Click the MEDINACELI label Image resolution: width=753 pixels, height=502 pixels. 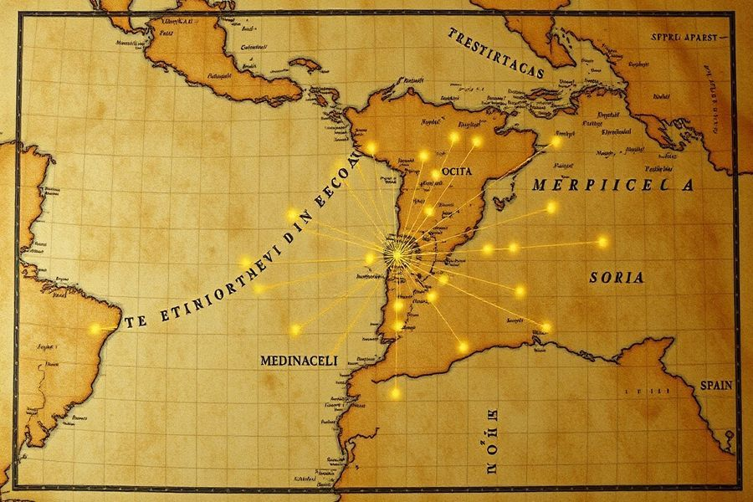[x=299, y=360]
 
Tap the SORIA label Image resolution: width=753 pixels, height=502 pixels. [x=617, y=278]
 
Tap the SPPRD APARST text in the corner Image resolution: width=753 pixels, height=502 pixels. [x=690, y=38]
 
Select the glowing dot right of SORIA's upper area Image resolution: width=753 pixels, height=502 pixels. [x=603, y=242]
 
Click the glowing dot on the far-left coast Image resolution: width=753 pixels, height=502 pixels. [x=95, y=329]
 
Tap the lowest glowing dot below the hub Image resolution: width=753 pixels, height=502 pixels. [x=396, y=392]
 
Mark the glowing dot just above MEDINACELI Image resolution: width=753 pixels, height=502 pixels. [x=295, y=330]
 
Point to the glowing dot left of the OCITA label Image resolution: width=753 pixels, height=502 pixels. [x=423, y=156]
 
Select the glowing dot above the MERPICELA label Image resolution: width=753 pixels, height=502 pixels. [x=556, y=142]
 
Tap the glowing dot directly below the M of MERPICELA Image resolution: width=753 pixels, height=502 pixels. [x=551, y=207]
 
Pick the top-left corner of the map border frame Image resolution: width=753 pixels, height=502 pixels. [x=17, y=13]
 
